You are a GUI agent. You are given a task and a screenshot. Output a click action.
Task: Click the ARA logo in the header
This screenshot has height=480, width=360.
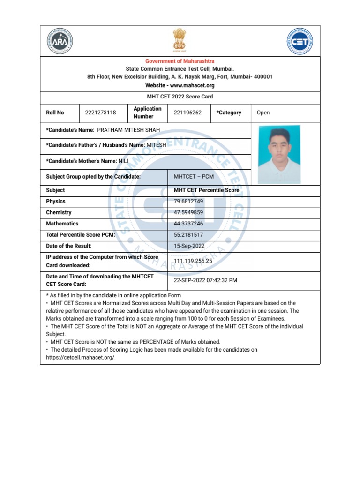[x=60, y=41]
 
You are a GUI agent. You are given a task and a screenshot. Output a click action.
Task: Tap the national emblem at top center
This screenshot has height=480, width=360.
[x=180, y=39]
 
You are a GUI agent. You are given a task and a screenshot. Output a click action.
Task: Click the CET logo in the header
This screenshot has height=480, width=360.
[x=299, y=41]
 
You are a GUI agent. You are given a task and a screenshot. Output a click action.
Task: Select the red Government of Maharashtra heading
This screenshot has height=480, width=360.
[x=180, y=61]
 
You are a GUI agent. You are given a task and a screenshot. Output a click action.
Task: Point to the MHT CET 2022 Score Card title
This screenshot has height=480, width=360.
[x=180, y=97]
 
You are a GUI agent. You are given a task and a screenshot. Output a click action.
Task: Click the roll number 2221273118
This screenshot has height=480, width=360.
[x=100, y=112]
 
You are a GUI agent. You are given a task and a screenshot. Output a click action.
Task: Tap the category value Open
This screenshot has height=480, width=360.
[x=263, y=112]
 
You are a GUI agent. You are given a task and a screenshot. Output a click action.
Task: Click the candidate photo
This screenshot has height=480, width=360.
[x=279, y=154]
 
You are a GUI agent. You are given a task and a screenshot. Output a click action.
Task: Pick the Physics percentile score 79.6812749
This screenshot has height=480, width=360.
[x=189, y=202]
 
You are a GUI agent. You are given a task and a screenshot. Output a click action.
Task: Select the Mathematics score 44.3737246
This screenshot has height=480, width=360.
[x=188, y=224]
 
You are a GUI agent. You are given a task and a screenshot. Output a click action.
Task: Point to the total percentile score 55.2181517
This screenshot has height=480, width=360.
[x=188, y=235]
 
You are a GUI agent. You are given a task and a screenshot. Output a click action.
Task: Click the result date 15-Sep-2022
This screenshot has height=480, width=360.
[x=188, y=246]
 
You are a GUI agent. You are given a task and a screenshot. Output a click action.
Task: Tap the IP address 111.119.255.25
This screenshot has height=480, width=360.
[x=193, y=261]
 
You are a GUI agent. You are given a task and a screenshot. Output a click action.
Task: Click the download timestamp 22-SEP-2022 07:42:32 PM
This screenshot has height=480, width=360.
[x=205, y=280]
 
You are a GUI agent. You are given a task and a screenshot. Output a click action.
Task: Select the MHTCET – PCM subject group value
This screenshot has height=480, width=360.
[x=194, y=177]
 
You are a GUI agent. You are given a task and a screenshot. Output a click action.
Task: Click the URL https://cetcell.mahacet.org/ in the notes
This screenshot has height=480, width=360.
[x=81, y=357]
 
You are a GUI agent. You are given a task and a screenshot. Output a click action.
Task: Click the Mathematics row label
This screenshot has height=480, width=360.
[x=62, y=224]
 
